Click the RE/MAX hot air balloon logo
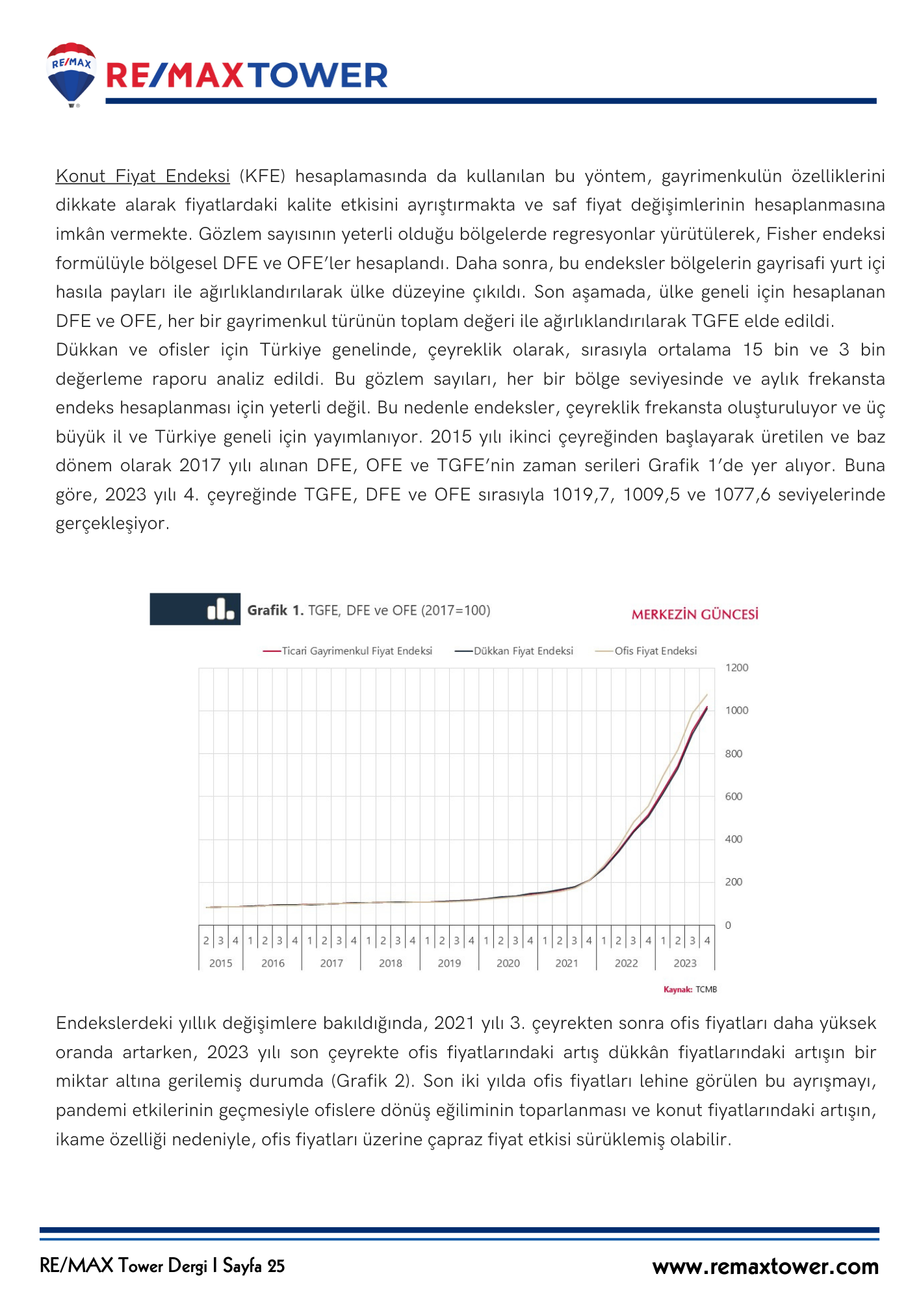coord(71,73)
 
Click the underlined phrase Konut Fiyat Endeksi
coord(142,176)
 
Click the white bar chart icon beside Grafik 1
coord(220,610)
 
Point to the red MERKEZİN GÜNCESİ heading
coord(695,614)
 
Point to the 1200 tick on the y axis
coord(736,668)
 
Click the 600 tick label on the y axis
coord(733,796)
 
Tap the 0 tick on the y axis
coord(728,925)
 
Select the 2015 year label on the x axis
coord(220,963)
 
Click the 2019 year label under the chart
coord(449,963)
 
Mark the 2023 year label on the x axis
coord(685,963)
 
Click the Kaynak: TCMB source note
coord(690,989)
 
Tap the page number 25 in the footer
coord(276,1266)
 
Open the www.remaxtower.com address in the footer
coord(765,1266)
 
